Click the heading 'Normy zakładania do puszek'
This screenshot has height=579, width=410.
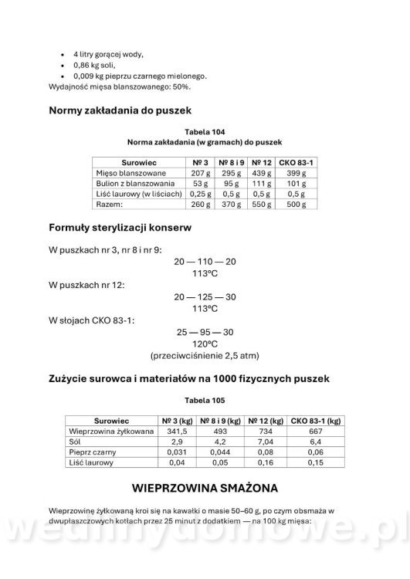pos(126,110)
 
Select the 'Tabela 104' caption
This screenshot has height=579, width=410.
pos(205,132)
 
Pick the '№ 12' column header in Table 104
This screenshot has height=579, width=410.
pos(262,163)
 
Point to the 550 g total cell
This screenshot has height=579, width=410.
pos(262,205)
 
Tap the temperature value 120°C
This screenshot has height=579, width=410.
pos(205,344)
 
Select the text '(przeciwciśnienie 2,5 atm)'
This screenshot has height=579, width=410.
pos(205,356)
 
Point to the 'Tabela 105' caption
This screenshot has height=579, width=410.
pos(205,401)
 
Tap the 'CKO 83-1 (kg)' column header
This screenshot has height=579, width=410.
pos(314,421)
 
